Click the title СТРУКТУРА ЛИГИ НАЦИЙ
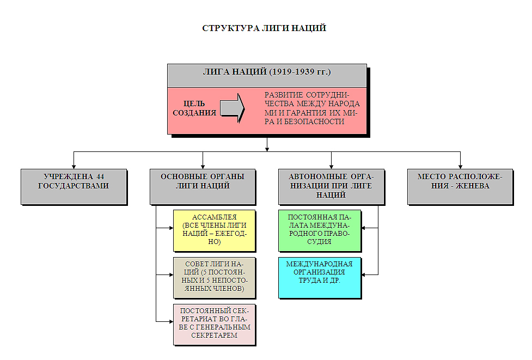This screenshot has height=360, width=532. pos(265,28)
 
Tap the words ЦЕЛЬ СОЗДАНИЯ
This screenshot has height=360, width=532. pos(194,108)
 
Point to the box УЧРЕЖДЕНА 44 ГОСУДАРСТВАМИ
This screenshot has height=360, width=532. pos(74,186)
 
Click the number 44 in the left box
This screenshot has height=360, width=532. pos(100,177)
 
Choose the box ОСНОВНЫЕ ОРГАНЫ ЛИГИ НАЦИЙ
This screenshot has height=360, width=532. pos(203,186)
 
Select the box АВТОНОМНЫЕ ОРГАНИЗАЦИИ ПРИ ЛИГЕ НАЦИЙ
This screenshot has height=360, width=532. pos(331,186)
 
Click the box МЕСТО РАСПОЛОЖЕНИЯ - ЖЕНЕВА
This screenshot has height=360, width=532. pos(460,186)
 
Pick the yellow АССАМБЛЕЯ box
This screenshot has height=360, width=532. pos(214,230)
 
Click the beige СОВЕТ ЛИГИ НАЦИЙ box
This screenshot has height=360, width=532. pos(214,277)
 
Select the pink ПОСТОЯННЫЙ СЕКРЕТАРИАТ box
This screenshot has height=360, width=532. pos(214,324)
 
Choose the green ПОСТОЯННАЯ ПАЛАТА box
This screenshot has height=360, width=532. pos(320,230)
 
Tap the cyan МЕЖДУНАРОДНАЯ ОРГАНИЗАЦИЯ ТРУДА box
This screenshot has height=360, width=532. pos(320,277)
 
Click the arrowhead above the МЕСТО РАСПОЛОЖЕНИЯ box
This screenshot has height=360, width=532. pos(460,166)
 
